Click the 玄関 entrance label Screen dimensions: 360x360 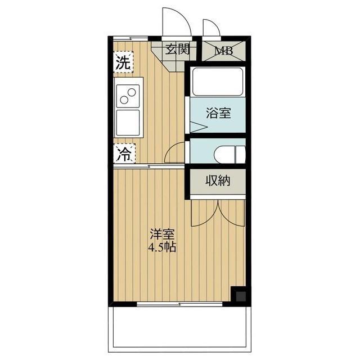(178, 49)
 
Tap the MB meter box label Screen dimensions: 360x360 (224, 51)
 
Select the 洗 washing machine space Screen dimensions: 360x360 (124, 62)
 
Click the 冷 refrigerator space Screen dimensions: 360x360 (124, 154)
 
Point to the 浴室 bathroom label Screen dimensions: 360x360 (218, 112)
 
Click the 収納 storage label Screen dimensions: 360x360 (218, 181)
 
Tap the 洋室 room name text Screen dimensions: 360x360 (162, 234)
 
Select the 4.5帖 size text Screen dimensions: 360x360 (162, 247)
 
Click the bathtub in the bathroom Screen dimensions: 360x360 (218, 82)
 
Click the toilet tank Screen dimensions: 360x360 (240, 154)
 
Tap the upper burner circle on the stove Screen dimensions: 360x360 (132, 92)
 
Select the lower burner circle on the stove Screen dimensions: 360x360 (124, 100)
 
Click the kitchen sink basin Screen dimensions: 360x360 (128, 123)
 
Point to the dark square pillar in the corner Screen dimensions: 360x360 (240, 296)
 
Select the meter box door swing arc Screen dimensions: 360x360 (215, 24)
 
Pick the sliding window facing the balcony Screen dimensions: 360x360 (179, 304)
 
